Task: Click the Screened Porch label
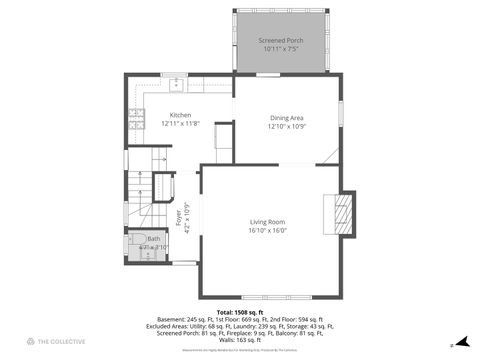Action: [281, 40]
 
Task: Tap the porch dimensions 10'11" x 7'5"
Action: [281, 49]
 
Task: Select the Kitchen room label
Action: [180, 114]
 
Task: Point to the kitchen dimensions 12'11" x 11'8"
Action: [180, 123]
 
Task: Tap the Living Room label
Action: [267, 221]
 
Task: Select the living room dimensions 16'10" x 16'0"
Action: [267, 230]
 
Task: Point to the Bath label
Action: [153, 239]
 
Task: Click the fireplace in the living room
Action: [343, 213]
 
